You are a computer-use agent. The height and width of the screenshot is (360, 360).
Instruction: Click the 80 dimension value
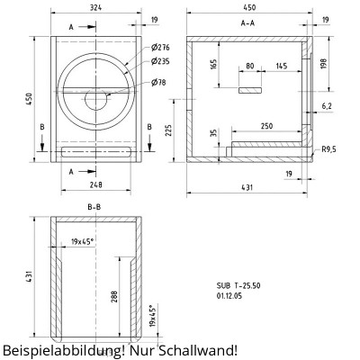tap(249, 67)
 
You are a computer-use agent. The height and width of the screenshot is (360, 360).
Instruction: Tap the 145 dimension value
tap(282, 67)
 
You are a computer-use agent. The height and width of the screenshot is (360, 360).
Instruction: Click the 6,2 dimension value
tap(326, 106)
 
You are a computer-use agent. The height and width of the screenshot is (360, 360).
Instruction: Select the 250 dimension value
tap(267, 127)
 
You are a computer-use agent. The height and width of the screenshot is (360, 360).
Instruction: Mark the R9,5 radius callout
tap(329, 150)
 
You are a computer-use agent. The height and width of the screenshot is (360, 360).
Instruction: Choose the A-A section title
tap(247, 22)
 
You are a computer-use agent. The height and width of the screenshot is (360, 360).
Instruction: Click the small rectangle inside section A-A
tap(250, 91)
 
